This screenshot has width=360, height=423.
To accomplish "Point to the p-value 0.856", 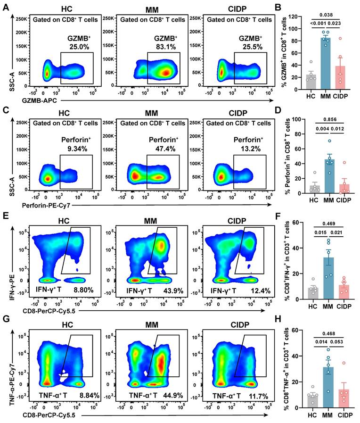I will point(324,120).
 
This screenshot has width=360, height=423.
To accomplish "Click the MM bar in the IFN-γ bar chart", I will point(325,278).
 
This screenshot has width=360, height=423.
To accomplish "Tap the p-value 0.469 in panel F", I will point(324,225).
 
